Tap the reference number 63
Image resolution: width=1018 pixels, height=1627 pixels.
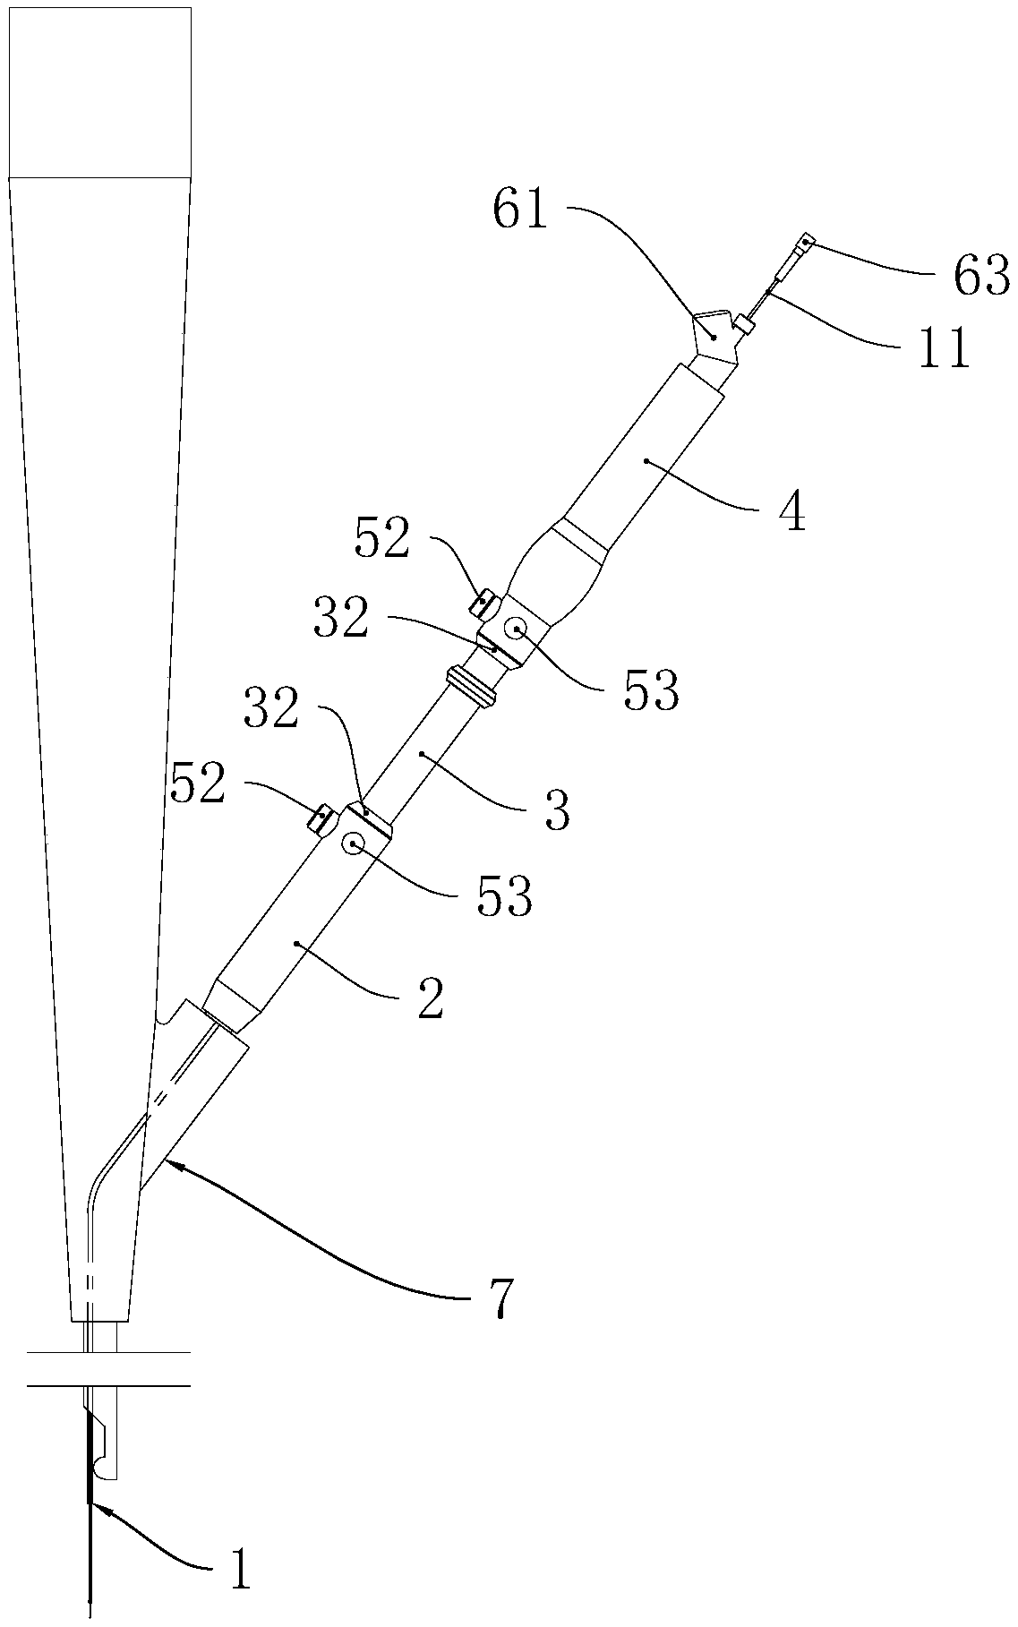click(980, 276)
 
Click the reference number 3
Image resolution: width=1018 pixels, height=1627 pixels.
click(557, 810)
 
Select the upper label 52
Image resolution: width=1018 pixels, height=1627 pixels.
click(382, 538)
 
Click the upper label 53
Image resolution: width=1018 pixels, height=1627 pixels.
click(651, 689)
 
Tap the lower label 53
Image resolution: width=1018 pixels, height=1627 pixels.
click(504, 895)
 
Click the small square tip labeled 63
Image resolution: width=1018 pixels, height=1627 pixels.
click(807, 241)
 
